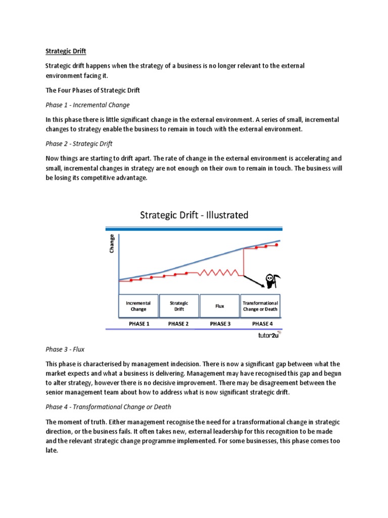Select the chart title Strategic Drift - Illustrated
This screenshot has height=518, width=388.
[193, 215]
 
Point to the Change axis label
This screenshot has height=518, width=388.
[112, 243]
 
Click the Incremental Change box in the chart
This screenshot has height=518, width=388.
[138, 306]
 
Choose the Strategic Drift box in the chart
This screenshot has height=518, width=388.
[179, 306]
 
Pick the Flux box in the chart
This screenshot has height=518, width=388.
[220, 306]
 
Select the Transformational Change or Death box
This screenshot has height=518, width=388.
[261, 306]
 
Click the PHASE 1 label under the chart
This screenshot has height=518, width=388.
[138, 324]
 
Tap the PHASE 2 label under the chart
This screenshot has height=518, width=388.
[179, 324]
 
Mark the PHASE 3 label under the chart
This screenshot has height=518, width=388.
[220, 324]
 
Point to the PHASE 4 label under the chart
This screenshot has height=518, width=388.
[261, 324]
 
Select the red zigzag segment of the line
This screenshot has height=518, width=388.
[218, 273]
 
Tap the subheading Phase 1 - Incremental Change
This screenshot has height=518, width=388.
[87, 105]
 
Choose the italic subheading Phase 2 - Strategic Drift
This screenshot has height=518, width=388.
[79, 144]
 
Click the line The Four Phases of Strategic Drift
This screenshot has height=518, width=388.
[92, 91]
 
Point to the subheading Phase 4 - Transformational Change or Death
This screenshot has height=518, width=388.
[108, 407]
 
